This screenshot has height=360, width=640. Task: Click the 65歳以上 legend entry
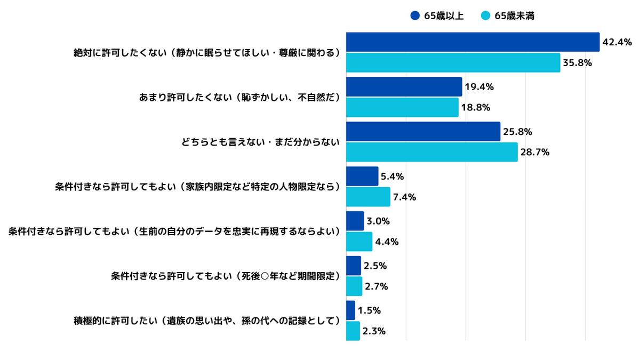coord(437,16)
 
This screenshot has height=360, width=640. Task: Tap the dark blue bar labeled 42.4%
coord(473,42)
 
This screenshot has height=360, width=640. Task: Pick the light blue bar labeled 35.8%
coord(453,63)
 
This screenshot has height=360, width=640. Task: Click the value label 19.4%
coord(479,87)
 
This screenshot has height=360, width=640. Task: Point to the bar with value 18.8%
coord(402,107)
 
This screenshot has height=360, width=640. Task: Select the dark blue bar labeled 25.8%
coord(423,132)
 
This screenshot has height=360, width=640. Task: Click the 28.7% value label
coord(535,153)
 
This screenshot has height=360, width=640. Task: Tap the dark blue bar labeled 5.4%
coord(362,177)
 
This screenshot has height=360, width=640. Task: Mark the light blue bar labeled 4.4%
coord(359,242)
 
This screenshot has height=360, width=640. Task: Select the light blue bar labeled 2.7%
coord(354,286)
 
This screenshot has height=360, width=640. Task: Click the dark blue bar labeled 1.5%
coord(350,310)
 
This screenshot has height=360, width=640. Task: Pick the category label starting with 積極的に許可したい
coord(206,321)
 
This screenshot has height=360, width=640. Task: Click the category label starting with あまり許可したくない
coord(239,98)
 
